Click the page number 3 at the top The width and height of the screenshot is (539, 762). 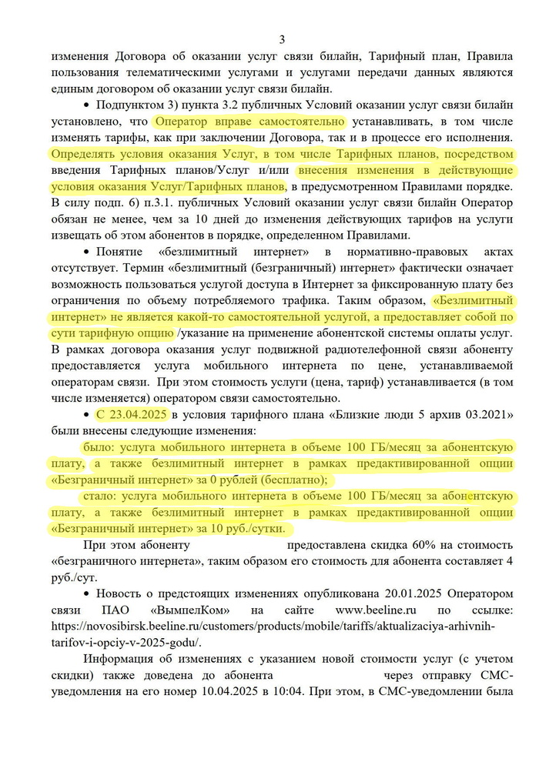tap(281, 39)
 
